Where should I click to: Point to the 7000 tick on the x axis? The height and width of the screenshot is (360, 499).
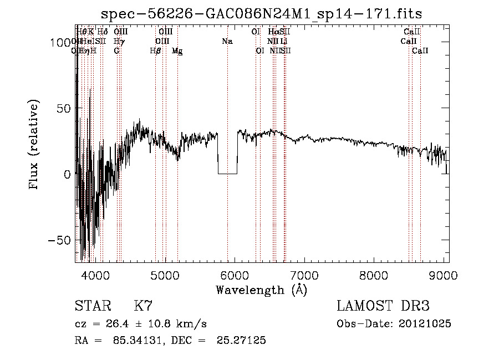304,273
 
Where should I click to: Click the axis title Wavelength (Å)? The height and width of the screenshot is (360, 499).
261,290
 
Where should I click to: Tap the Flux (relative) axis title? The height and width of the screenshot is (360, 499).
34,145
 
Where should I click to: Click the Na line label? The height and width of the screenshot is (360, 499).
227,41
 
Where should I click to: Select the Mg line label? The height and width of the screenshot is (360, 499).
177,51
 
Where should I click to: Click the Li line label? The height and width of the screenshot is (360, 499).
283,41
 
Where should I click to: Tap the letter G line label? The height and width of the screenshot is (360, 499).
116,51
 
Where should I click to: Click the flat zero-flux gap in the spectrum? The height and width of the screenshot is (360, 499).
227,173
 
